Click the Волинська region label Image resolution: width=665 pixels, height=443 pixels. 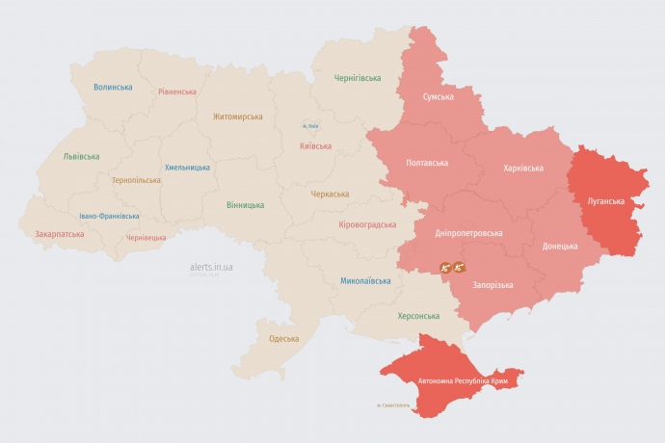click(113, 87)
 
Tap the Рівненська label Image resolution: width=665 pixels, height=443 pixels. click(177, 91)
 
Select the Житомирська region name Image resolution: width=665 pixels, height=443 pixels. click(238, 117)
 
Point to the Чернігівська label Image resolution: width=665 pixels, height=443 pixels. click(358, 78)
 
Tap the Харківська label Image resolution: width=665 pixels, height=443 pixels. click(523, 168)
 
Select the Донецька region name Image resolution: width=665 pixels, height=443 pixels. click(560, 246)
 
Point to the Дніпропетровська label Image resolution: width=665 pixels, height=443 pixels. click(469, 233)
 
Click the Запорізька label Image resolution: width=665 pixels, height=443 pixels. click(492, 285)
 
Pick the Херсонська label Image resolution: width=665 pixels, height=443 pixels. click(418, 316)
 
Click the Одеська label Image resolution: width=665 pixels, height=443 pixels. click(283, 339)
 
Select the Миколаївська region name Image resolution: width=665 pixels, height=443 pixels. click(365, 281)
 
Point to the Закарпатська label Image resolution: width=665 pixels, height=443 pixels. click(60, 233)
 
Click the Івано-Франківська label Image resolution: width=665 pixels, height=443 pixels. click(109, 216)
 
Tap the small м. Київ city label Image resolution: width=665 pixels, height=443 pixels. click(309, 125)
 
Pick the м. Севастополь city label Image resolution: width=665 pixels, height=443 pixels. click(393, 404)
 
